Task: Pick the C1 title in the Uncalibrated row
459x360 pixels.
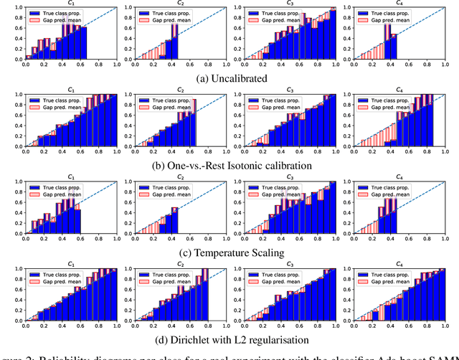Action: point(71,4)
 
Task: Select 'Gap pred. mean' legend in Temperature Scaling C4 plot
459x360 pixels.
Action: point(403,195)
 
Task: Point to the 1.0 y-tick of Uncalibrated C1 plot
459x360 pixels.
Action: point(19,8)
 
